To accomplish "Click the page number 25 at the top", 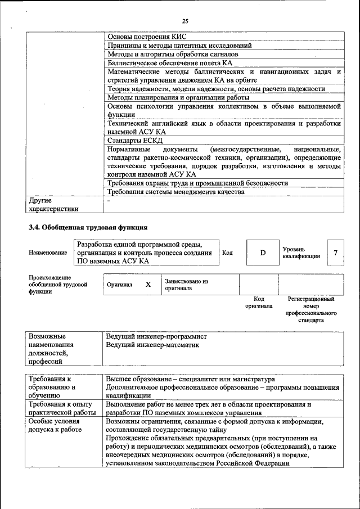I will [185, 21].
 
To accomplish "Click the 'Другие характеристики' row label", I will [53, 205].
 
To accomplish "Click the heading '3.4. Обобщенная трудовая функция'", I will [88, 228].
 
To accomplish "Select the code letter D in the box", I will [262, 253].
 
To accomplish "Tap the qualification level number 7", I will [335, 253].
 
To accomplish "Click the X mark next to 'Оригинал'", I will [148, 285].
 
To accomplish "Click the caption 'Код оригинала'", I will [259, 303].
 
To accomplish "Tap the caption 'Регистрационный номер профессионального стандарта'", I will [310, 309].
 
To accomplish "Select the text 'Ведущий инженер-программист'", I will [156, 336].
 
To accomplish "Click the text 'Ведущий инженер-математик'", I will [152, 345].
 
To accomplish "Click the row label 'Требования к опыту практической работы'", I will [62, 408].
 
